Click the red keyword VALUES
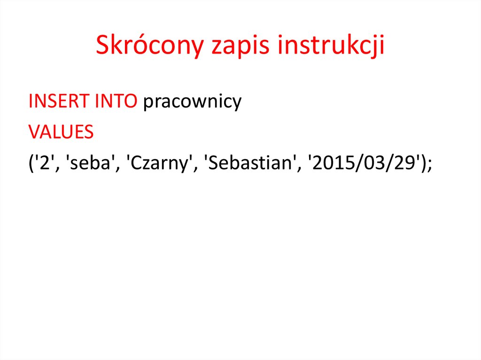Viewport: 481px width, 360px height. point(61,133)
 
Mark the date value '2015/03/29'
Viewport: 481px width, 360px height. point(363,164)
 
